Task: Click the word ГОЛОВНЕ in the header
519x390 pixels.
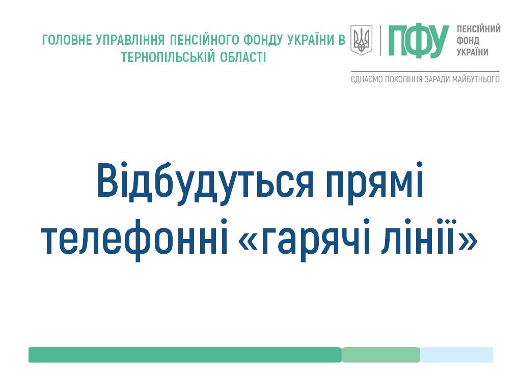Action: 67,40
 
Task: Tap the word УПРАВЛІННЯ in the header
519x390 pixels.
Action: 130,40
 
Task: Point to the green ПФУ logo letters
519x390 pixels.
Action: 419,41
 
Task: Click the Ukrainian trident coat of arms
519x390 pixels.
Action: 362,40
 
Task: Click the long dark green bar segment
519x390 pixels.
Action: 185,354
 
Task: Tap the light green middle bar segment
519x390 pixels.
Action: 380,354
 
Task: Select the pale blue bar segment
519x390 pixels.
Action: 456,354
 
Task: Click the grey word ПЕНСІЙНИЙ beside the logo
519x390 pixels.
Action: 479,29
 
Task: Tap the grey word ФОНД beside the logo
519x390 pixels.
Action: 468,41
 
